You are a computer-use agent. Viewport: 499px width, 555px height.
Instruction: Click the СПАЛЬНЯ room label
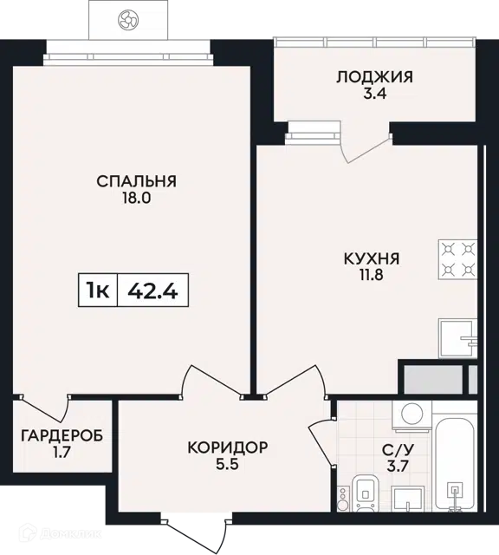coord(137,181)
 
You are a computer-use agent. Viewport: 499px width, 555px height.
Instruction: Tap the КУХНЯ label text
coord(372,258)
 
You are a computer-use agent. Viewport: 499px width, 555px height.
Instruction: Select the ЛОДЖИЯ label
coord(374,77)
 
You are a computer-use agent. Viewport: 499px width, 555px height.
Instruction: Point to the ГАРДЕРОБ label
coord(62,435)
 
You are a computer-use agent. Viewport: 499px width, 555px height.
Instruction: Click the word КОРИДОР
coord(228,447)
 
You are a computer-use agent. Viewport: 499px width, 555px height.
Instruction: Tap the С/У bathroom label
coord(398,449)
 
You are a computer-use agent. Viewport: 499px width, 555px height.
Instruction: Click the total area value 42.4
coord(152,291)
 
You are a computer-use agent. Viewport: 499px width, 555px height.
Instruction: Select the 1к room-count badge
coord(98,291)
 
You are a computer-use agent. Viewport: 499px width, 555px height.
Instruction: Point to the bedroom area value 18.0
coord(137,198)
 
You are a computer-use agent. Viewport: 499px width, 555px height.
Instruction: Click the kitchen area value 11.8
coord(372,275)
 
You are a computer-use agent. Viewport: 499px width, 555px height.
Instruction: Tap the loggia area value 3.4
coord(374,94)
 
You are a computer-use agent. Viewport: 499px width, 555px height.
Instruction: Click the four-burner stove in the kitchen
coord(457,260)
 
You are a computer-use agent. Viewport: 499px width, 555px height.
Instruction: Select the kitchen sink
coord(457,338)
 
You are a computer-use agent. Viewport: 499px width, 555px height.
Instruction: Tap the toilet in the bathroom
coord(366,493)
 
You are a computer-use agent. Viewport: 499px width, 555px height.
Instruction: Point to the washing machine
coord(412,416)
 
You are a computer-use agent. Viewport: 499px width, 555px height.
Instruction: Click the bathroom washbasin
coord(408,499)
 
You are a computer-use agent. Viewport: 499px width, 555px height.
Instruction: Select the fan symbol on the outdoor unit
coord(128,19)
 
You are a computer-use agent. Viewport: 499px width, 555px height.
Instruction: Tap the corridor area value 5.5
coord(228,464)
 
